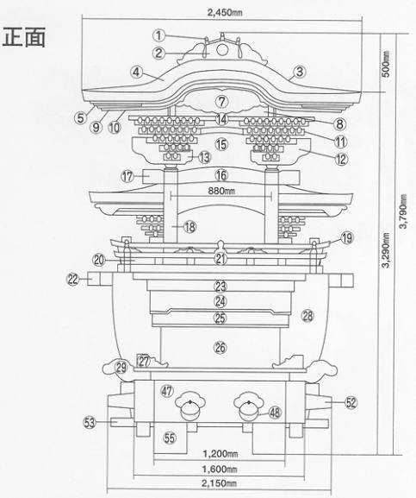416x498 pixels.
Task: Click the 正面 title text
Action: [24, 37]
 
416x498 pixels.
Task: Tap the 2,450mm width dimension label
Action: [225, 12]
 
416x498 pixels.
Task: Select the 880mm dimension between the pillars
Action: [221, 191]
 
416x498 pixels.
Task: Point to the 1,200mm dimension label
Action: [220, 453]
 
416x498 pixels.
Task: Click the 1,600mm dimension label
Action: [220, 469]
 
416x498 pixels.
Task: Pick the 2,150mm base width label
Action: [219, 483]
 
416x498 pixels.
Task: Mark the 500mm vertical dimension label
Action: [386, 64]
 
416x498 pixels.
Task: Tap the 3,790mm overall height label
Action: [403, 211]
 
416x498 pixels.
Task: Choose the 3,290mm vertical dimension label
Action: [386, 250]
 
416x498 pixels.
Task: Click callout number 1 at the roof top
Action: [159, 35]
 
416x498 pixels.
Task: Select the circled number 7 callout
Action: [222, 102]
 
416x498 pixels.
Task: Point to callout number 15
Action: [221, 144]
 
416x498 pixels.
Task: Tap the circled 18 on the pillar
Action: [189, 227]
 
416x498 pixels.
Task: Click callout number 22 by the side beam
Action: [73, 280]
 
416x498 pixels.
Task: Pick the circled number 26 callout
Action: [220, 348]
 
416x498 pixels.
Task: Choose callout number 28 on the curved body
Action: [307, 316]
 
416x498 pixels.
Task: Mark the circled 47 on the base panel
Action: [167, 390]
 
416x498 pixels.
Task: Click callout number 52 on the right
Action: [351, 402]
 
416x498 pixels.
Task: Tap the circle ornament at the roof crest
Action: [222, 50]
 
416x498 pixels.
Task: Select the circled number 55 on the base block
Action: [170, 438]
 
